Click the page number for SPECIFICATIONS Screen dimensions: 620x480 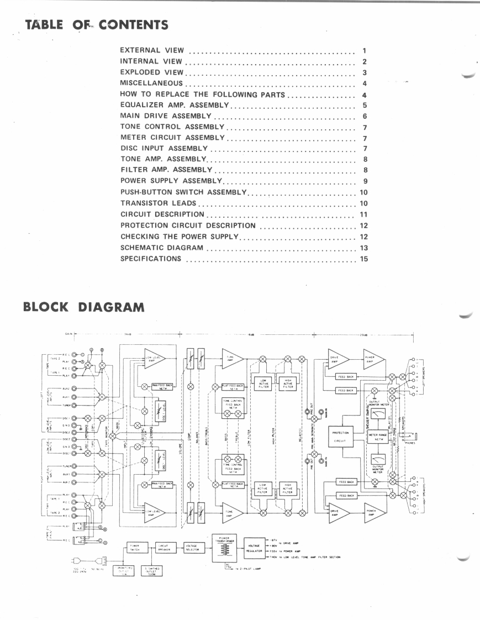[363, 259]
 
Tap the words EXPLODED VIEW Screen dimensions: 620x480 [151, 73]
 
